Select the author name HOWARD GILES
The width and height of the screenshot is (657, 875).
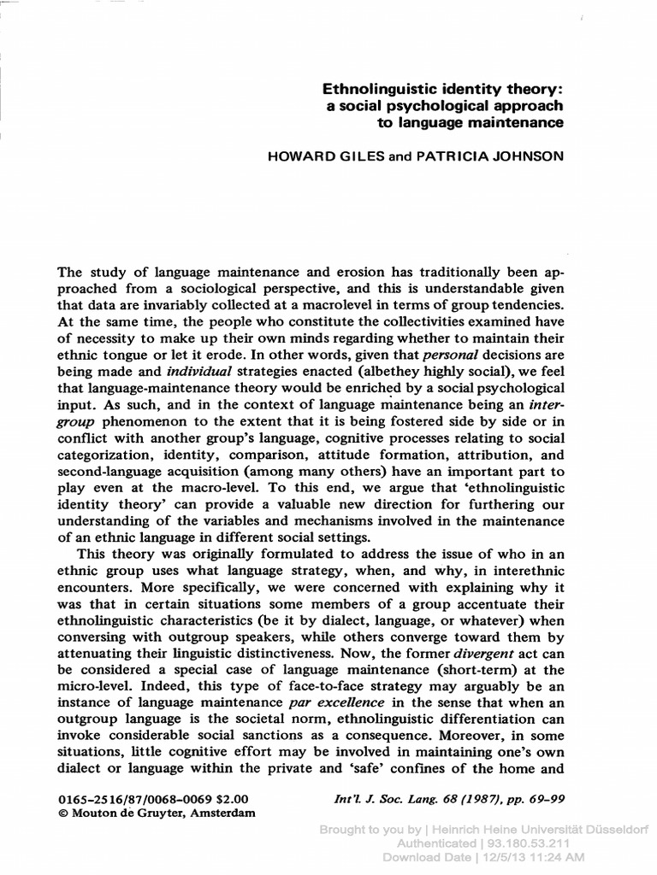click(x=324, y=158)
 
